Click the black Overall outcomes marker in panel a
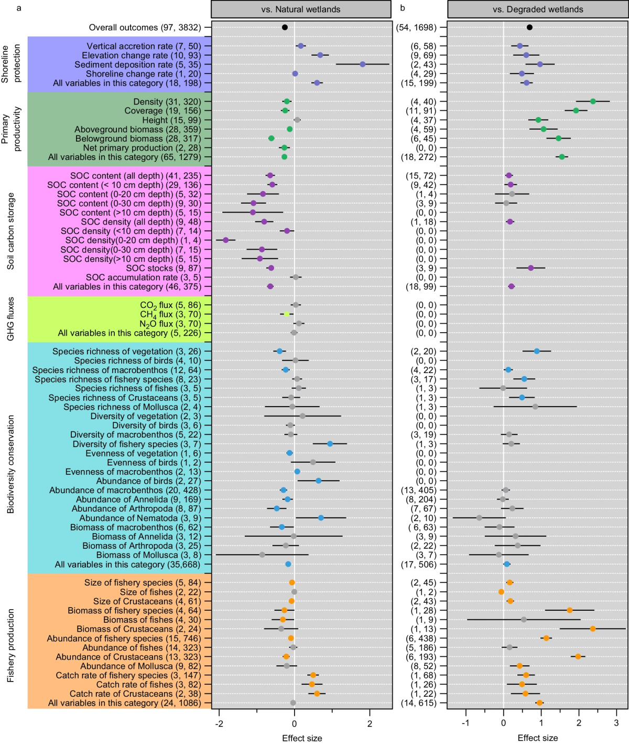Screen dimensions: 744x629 [x=285, y=27]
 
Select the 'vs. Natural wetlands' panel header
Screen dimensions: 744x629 [x=301, y=9]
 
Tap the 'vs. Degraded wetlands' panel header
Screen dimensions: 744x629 [x=538, y=9]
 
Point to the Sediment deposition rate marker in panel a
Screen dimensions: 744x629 [x=363, y=65]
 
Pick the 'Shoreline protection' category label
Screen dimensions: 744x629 [x=12, y=64]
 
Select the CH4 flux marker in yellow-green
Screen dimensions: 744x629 [x=287, y=314]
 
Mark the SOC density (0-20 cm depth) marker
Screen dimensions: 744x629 [x=226, y=240]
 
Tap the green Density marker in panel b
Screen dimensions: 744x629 [x=593, y=101]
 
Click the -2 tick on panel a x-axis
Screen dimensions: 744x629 [x=219, y=724]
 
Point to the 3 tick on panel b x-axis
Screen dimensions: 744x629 [x=616, y=724]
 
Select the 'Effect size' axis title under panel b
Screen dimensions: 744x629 [x=538, y=738]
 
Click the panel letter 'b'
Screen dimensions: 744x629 [x=403, y=8]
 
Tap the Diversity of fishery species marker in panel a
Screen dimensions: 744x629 [x=330, y=444]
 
